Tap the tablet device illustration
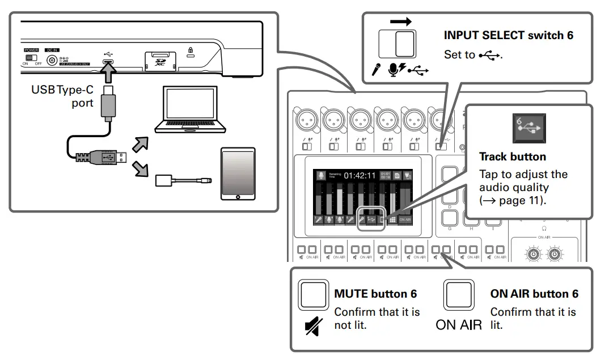(x=238, y=173)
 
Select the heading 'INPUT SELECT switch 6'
(x=508, y=36)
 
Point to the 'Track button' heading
(x=512, y=157)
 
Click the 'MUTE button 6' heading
(x=375, y=294)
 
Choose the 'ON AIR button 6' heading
(x=534, y=294)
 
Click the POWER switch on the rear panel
(x=31, y=58)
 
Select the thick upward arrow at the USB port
(x=108, y=73)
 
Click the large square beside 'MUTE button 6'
(x=313, y=294)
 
